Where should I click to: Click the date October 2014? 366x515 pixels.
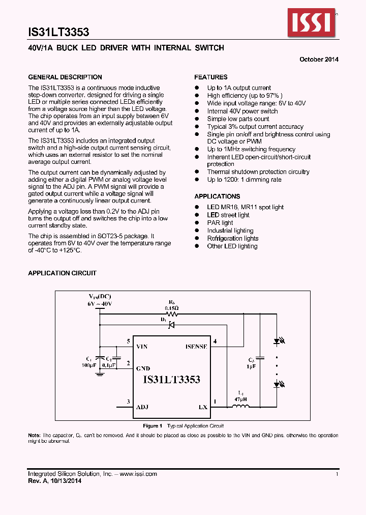(319, 60)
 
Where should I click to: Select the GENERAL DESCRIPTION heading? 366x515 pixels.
(65, 77)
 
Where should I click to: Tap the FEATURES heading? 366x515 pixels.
(211, 77)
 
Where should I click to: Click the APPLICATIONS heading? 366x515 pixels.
(217, 196)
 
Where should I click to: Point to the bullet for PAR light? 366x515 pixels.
(197, 223)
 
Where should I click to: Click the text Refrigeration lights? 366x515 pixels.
(232, 238)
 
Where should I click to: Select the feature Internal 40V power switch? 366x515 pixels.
(242, 111)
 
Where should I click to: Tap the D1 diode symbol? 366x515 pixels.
(172, 325)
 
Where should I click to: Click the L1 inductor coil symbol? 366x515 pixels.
(241, 406)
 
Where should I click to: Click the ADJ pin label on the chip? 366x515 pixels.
(142, 407)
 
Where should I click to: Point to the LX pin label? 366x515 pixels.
(203, 407)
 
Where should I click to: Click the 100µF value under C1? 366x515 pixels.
(88, 365)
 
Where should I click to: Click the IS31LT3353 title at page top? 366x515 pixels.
(58, 33)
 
